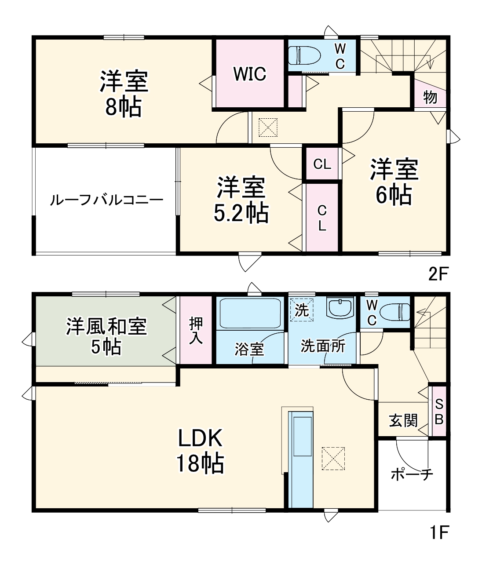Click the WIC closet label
click(x=250, y=74)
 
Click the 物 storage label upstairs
click(x=430, y=97)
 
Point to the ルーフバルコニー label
click(x=106, y=200)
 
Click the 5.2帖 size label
click(x=241, y=213)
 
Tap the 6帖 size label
click(x=394, y=195)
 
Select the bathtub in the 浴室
click(x=250, y=313)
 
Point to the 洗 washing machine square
click(x=302, y=310)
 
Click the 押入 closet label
click(x=196, y=331)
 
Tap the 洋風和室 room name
click(x=106, y=326)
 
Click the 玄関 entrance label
click(x=403, y=420)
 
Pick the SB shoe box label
click(x=439, y=412)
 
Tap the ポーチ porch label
click(x=412, y=475)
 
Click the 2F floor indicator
click(x=439, y=274)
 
